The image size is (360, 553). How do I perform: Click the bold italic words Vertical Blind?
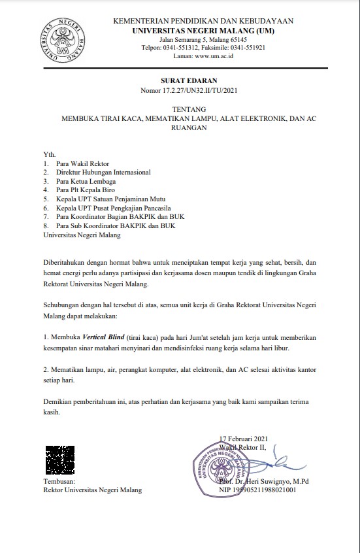click(x=104, y=336)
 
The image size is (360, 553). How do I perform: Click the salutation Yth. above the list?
click(x=49, y=154)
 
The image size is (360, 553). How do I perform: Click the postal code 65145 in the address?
click(x=220, y=39)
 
